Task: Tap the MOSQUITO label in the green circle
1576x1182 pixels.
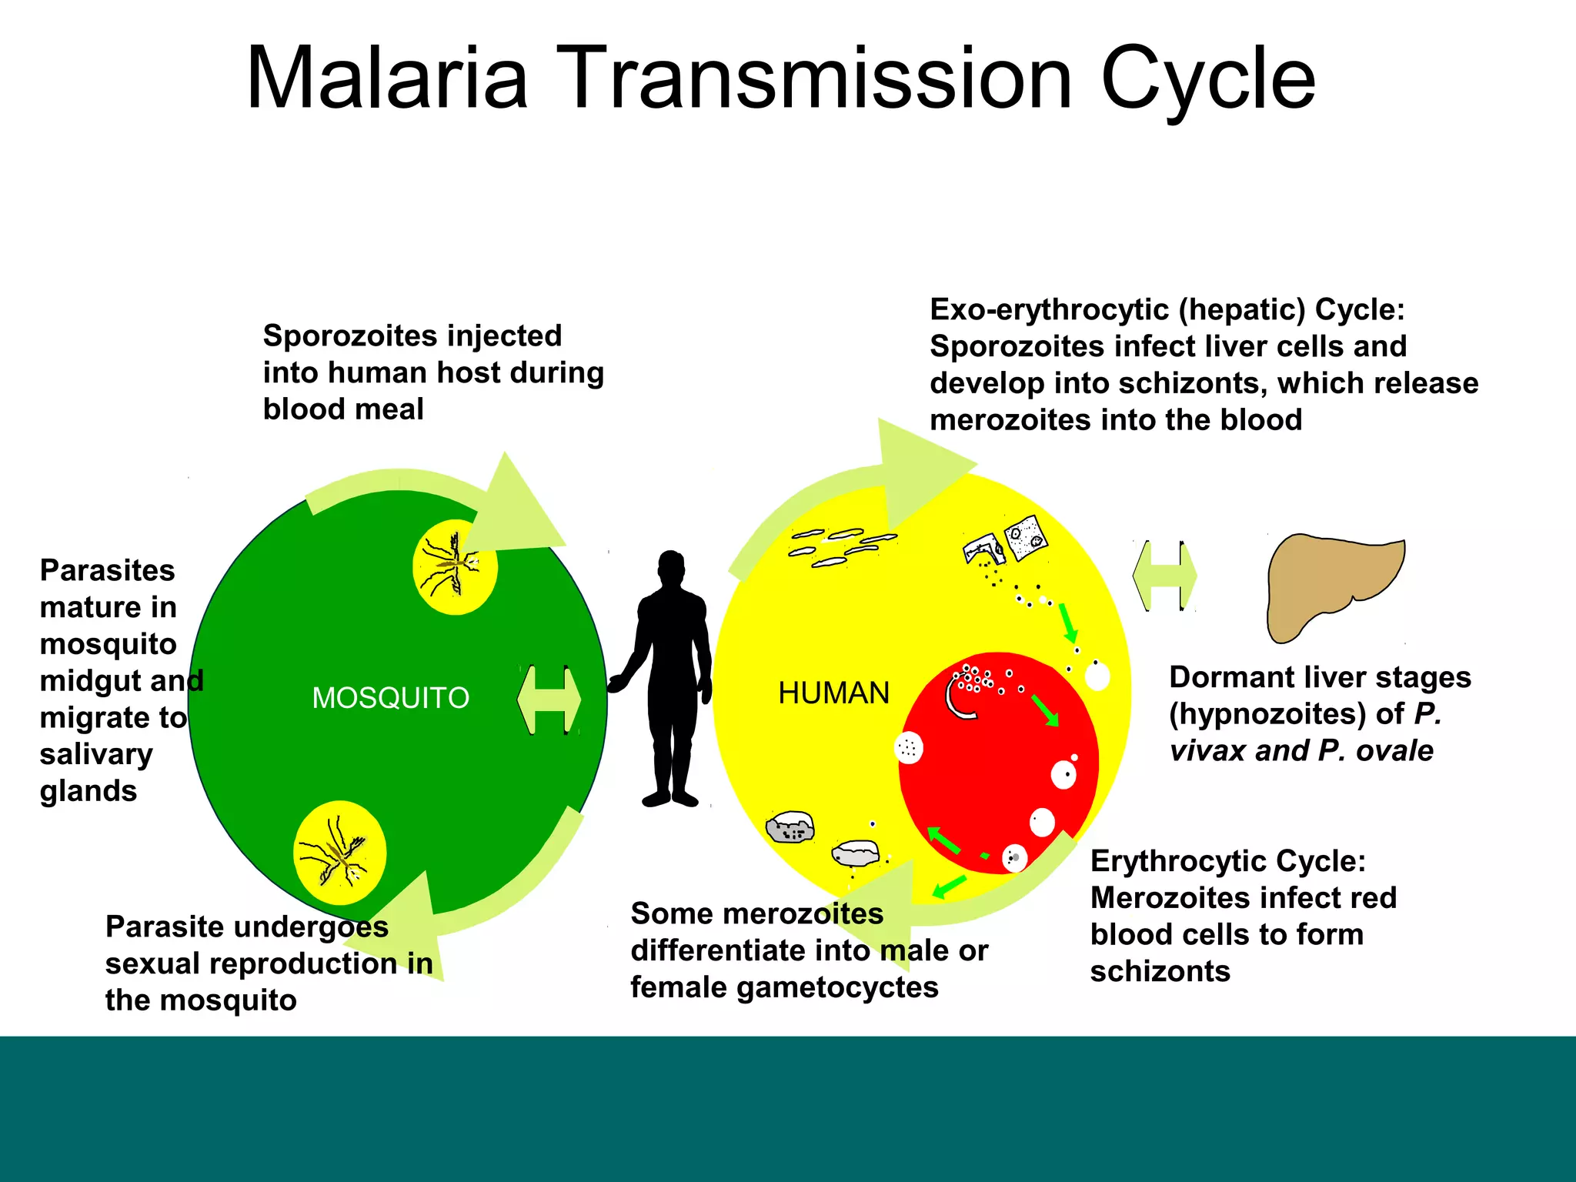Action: (x=390, y=698)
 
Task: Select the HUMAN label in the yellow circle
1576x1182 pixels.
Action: (x=833, y=693)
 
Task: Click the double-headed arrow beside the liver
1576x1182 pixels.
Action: (x=1164, y=576)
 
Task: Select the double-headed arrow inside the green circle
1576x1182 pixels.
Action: (x=549, y=700)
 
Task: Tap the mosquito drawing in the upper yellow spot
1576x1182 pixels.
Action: (x=455, y=566)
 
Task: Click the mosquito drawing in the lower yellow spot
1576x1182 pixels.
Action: (x=339, y=853)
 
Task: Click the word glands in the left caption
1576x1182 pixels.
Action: (x=88, y=791)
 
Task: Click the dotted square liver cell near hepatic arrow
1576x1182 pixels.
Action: (x=1026, y=536)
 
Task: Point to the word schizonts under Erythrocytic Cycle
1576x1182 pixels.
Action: (x=1160, y=971)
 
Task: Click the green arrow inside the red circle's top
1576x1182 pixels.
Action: (x=1045, y=710)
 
